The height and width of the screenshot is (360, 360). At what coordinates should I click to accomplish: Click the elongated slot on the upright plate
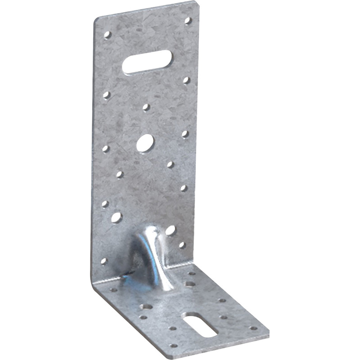[x=147, y=63]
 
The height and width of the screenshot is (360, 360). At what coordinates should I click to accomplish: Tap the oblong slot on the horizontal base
[x=201, y=324]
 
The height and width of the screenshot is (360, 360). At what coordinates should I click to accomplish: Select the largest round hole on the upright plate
[x=145, y=144]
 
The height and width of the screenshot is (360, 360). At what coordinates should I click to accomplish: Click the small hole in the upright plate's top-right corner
[x=188, y=21]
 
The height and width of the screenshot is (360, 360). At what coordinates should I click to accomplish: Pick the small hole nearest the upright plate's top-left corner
[x=107, y=35]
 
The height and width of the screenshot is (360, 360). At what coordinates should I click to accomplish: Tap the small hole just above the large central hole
[x=146, y=107]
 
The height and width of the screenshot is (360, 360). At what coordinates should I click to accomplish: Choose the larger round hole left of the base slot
[x=146, y=307]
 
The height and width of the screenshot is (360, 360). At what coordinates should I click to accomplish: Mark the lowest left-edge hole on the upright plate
[x=103, y=261]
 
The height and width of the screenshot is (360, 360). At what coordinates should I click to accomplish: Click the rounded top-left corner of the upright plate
[x=97, y=20]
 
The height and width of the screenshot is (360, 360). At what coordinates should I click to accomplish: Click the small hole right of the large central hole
[x=185, y=134]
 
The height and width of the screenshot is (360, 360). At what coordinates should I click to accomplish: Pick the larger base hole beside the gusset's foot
[x=190, y=284]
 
